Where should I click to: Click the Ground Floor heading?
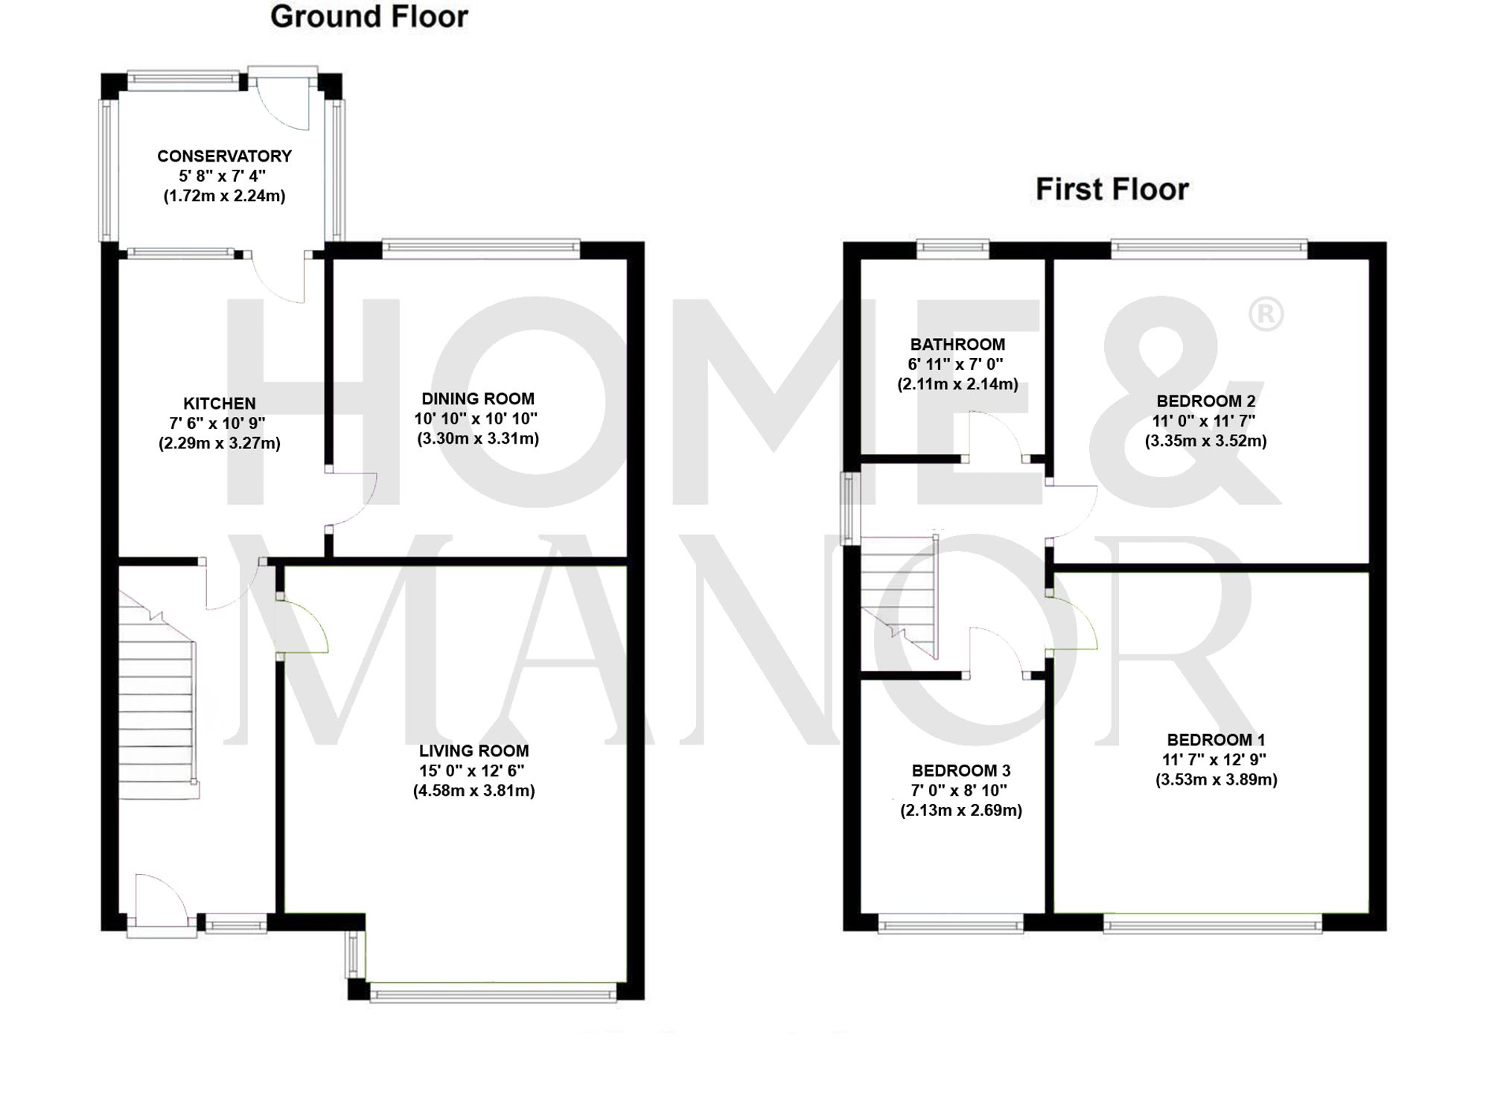pyautogui.click(x=369, y=16)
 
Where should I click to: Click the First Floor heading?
pyautogui.click(x=1112, y=189)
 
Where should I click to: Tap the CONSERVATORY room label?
pyautogui.click(x=224, y=156)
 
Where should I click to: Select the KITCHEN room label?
pyautogui.click(x=220, y=404)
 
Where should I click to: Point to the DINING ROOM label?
pyautogui.click(x=477, y=398)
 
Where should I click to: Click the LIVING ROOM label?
pyautogui.click(x=474, y=750)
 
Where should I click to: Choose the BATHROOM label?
pyautogui.click(x=957, y=345)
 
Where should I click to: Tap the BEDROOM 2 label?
pyautogui.click(x=1205, y=401)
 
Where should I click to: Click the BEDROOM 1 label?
pyautogui.click(x=1216, y=739)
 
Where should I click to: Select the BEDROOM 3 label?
pyautogui.click(x=960, y=770)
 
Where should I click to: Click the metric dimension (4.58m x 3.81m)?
pyautogui.click(x=474, y=791)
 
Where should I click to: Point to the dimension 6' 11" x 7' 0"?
pyautogui.click(x=955, y=365)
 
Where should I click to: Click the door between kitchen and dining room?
pyautogui.click(x=351, y=499)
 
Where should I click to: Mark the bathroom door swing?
pyautogui.click(x=996, y=436)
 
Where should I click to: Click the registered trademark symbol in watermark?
pyautogui.click(x=1265, y=314)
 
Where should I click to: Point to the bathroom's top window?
pyautogui.click(x=952, y=248)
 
